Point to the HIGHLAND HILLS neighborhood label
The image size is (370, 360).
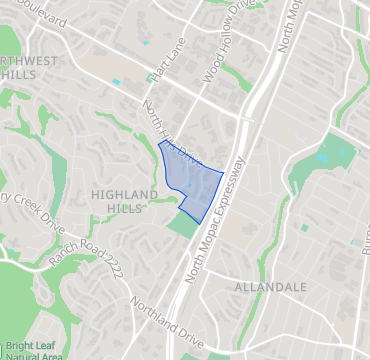click(124, 200)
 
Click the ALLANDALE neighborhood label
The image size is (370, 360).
click(268, 287)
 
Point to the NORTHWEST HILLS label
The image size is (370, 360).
click(28, 68)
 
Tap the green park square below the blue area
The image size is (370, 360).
click(182, 224)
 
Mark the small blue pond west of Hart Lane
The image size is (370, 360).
click(117, 81)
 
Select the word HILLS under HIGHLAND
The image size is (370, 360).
click(124, 207)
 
